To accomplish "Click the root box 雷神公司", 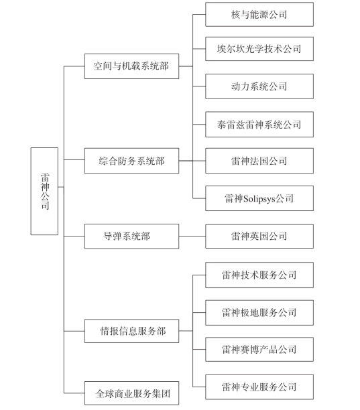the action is click(44, 191).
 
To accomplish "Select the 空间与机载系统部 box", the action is click(131, 66).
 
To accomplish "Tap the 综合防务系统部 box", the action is click(131, 161).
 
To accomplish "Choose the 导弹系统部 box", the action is click(131, 236).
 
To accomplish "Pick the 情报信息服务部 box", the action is click(131, 331).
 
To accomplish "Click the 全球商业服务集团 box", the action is click(131, 393).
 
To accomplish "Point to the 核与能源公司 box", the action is click(259, 14).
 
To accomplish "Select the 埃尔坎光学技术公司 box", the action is click(259, 49).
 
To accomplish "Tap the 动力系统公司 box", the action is click(259, 86).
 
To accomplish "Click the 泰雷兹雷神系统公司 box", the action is click(259, 125).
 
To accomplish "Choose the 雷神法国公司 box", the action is click(259, 161).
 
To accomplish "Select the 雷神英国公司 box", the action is click(259, 236).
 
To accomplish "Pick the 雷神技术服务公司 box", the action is click(259, 275).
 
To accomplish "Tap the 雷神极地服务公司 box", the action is click(259, 313).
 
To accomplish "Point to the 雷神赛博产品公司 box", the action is click(259, 350).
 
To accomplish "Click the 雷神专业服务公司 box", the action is click(259, 387).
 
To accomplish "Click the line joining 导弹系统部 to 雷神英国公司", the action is click(192, 236).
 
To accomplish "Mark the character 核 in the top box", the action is click(235, 15).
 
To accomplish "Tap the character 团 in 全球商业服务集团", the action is click(166, 393).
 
